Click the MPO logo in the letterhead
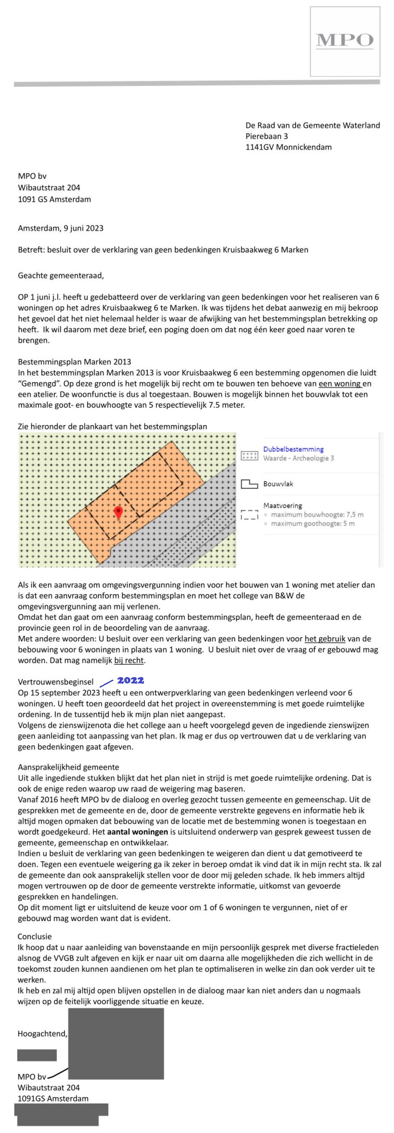[345, 41]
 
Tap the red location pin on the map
[118, 512]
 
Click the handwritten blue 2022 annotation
[130, 680]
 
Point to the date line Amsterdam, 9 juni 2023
[61, 228]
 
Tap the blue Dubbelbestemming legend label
[293, 449]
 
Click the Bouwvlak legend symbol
[249, 484]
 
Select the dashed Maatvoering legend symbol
[249, 514]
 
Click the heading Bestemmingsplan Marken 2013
[74, 362]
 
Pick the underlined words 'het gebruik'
[325, 639]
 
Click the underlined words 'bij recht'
[129, 660]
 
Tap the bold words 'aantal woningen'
[138, 832]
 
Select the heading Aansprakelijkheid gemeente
[68, 767]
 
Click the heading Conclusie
[35, 936]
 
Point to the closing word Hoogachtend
[42, 1034]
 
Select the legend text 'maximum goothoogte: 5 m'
[313, 523]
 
